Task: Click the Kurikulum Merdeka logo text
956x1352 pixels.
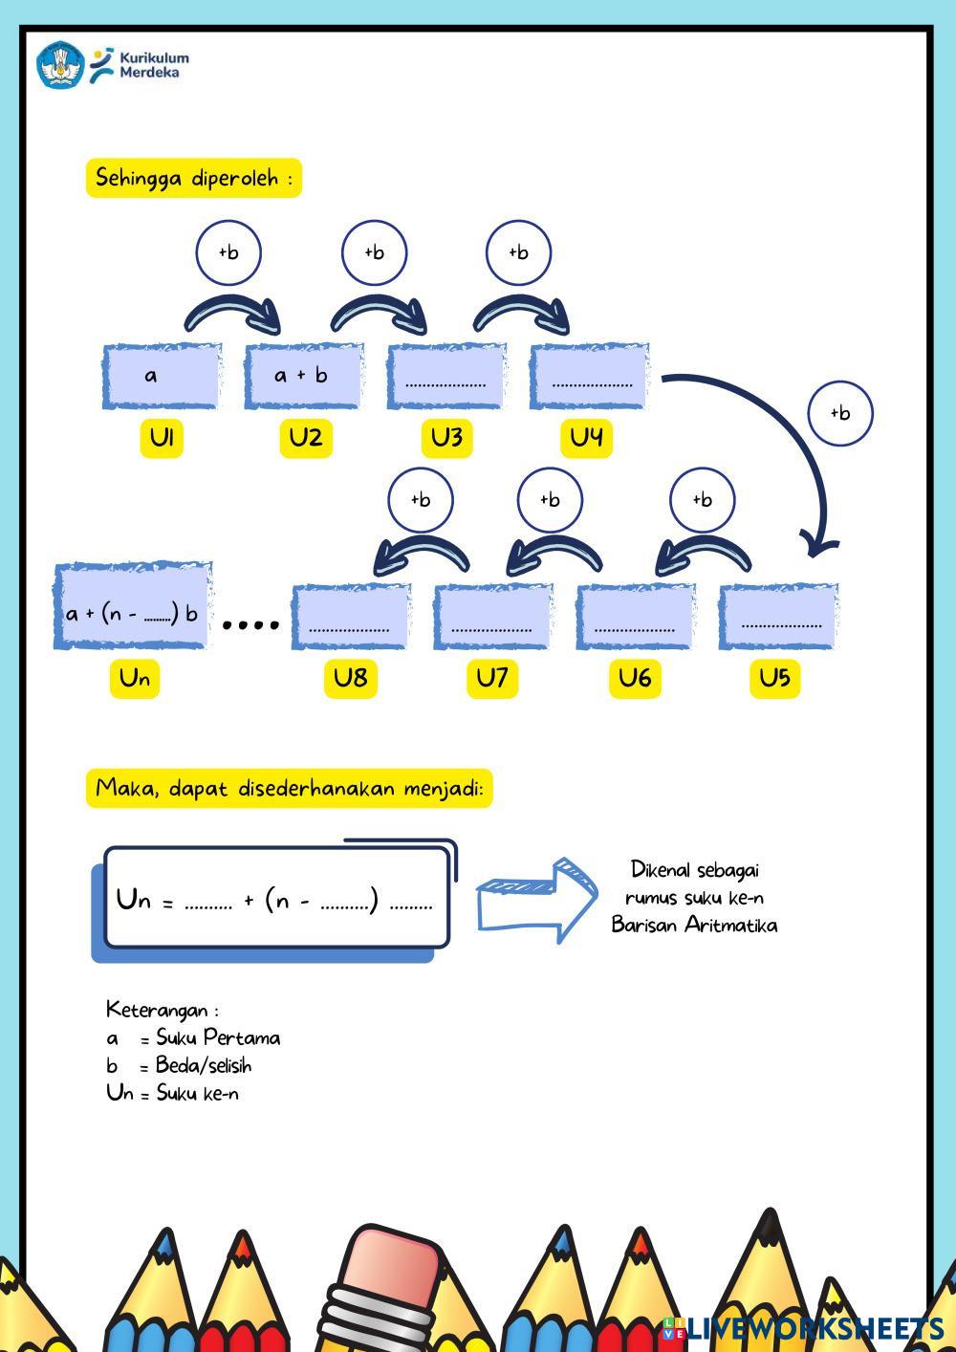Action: click(153, 64)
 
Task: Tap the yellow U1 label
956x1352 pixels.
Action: click(162, 438)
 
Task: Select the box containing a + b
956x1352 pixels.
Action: click(303, 376)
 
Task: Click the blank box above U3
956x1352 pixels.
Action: click(445, 376)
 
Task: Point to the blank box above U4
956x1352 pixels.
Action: click(589, 376)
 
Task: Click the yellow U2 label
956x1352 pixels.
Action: click(306, 438)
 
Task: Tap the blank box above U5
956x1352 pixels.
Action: click(778, 617)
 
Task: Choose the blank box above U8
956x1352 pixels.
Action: click(351, 617)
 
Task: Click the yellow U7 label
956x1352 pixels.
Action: click(491, 678)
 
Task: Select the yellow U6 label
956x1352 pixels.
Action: click(635, 678)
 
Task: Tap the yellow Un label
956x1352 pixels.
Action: click(135, 678)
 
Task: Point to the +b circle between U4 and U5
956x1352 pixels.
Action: click(840, 413)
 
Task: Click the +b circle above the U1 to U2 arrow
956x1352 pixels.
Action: click(228, 252)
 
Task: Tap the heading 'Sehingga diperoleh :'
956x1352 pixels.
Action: click(194, 178)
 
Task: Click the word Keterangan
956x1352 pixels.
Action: click(157, 1010)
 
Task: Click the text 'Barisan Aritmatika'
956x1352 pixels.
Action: click(694, 926)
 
